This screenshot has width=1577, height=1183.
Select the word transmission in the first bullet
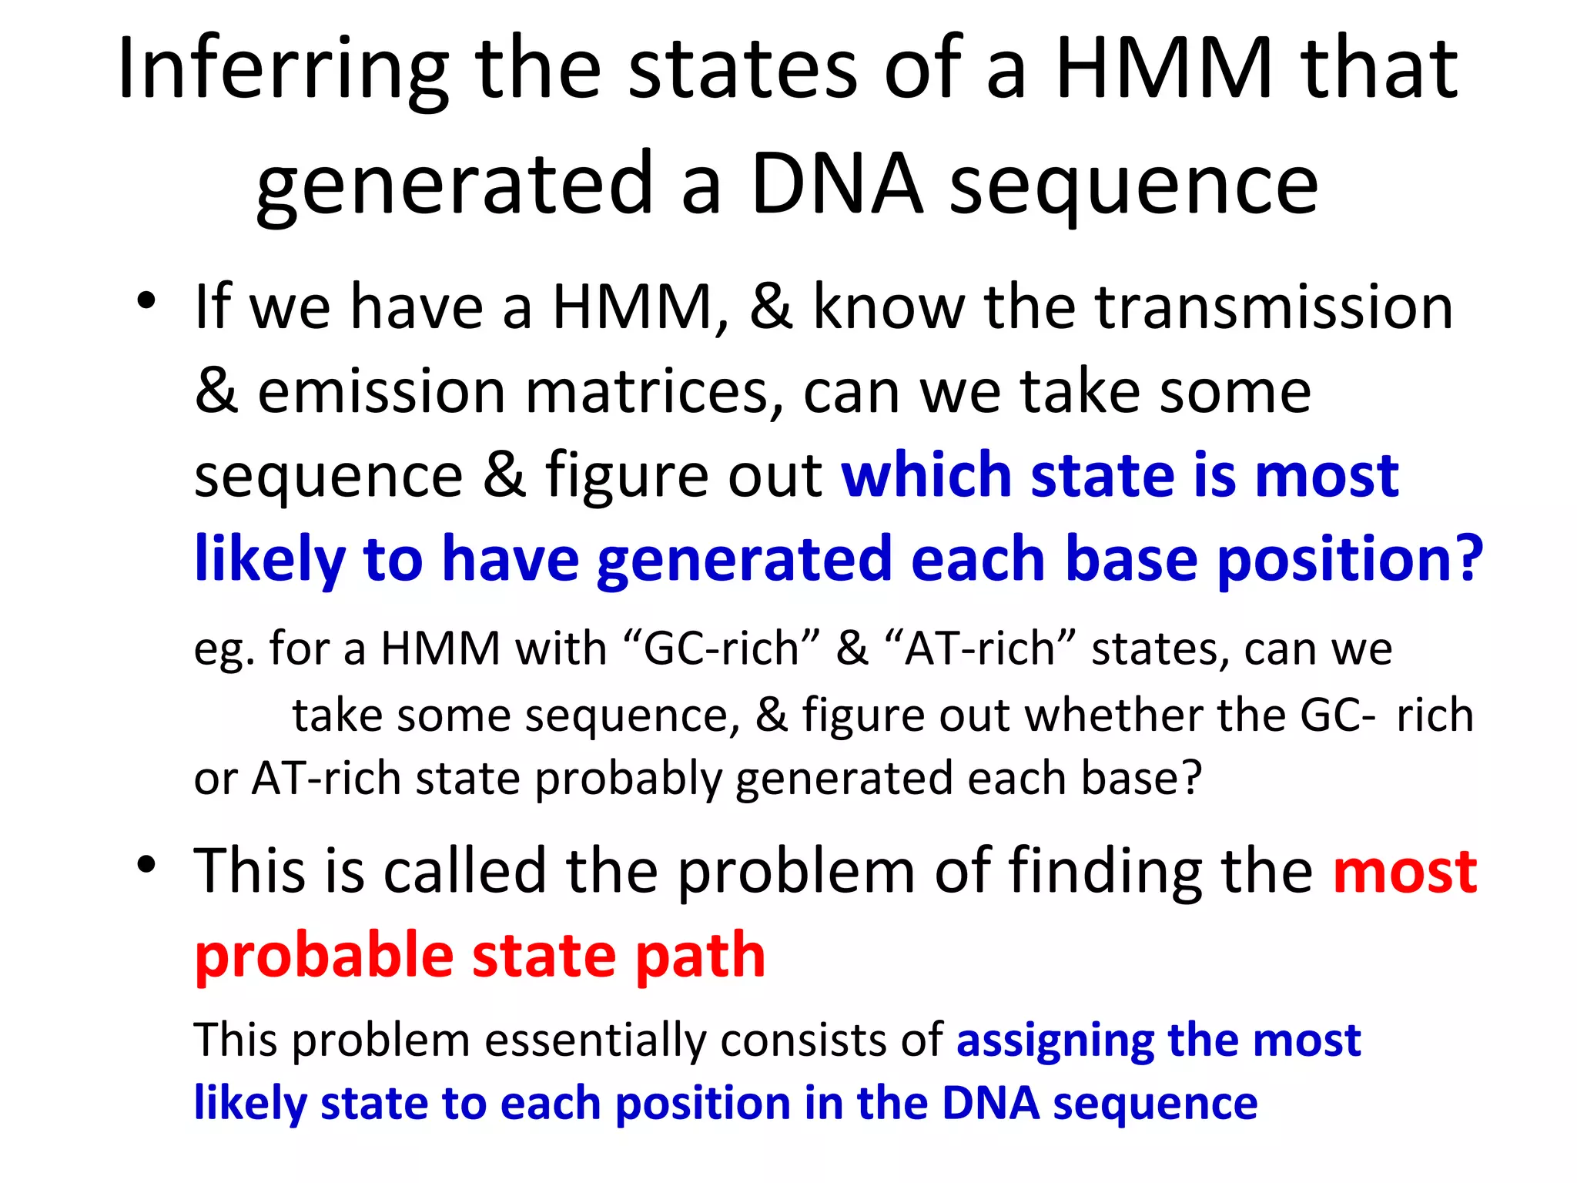[x=1274, y=307]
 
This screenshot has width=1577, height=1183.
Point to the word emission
[x=380, y=391]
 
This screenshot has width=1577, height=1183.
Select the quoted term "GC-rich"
[x=721, y=648]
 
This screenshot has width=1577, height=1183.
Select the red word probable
[x=323, y=955]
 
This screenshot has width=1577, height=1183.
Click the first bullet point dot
[x=146, y=301]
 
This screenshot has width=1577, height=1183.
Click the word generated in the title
[x=455, y=185]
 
